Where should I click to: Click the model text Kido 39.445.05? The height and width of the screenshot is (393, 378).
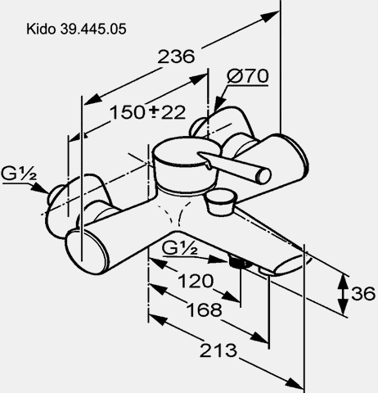coord(76,29)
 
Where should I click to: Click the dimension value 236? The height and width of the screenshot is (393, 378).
coord(177,56)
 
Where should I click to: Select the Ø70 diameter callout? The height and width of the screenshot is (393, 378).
coord(248,76)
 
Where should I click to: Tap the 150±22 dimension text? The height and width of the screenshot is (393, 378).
coord(147,112)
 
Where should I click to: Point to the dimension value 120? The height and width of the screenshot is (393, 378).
coord(196,281)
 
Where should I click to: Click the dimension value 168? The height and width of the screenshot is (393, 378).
coord(204,309)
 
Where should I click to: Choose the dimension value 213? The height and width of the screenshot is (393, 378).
coord(218,350)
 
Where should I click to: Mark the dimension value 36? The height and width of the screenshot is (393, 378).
coord(363,294)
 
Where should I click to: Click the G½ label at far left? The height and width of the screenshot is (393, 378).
coord(18,174)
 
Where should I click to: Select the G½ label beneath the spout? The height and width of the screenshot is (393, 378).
coord(179,248)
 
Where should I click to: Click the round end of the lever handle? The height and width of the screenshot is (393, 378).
coord(264,176)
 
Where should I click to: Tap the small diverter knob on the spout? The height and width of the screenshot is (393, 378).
coord(222,202)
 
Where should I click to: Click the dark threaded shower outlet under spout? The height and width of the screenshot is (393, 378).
coord(239,263)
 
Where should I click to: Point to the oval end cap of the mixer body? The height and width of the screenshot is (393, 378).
coord(87,251)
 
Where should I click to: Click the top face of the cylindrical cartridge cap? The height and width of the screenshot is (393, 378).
coord(187,151)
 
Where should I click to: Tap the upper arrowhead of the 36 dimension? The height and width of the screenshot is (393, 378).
coord(343,281)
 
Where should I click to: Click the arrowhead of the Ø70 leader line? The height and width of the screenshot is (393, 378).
coord(218,104)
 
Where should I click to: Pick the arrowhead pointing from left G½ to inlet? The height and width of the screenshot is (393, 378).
coord(41,188)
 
